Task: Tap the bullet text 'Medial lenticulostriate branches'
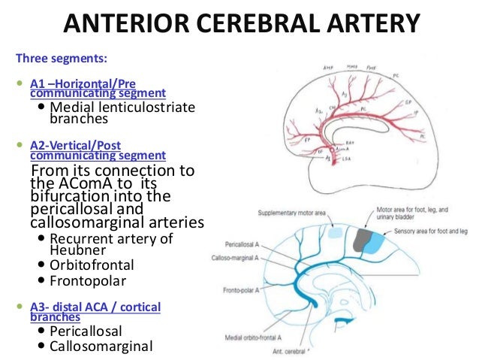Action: pyautogui.click(x=122, y=113)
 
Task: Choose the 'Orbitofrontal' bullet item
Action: pyautogui.click(x=92, y=265)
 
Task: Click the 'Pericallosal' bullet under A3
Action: pyautogui.click(x=86, y=331)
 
